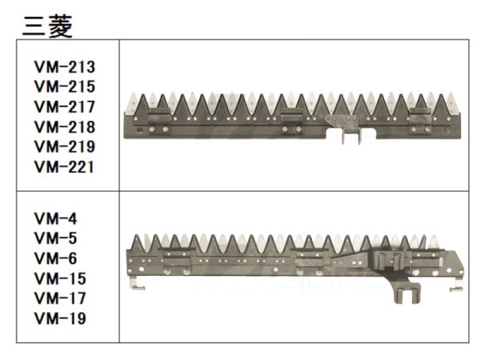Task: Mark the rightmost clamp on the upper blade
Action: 420,121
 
